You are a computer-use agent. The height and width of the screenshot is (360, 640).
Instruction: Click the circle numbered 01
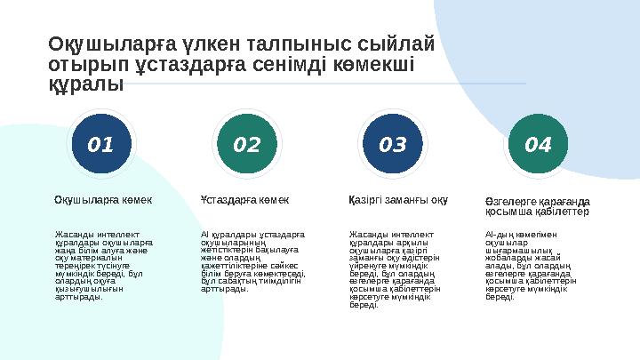(x=100, y=143)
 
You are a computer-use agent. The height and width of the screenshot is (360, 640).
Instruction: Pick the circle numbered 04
(x=539, y=143)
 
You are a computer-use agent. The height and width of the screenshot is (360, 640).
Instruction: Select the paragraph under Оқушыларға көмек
(x=103, y=266)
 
